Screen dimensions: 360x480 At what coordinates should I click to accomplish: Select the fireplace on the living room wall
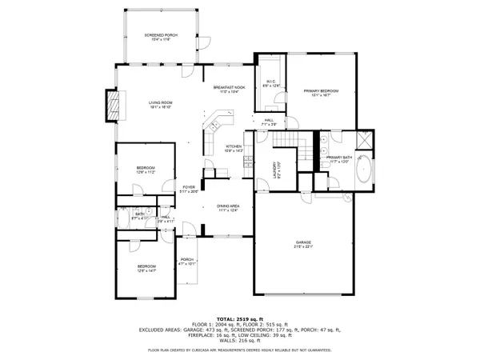click(x=114, y=104)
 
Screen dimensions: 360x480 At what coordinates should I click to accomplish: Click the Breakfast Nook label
click(x=227, y=90)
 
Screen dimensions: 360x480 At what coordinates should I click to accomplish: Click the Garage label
click(x=303, y=243)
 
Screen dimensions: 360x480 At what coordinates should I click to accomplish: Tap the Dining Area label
click(x=229, y=208)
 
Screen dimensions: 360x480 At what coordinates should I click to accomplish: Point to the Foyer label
click(x=189, y=189)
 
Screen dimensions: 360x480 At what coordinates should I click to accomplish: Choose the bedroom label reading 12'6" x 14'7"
click(x=146, y=268)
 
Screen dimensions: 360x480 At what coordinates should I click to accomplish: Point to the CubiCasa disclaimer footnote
click(x=240, y=350)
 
